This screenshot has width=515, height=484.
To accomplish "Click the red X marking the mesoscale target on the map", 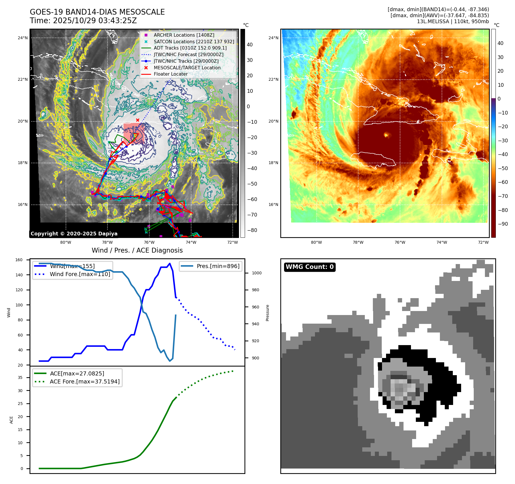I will [x=138, y=120].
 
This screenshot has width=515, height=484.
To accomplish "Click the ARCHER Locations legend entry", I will [x=184, y=35].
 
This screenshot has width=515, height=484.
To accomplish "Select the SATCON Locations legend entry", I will [x=194, y=42].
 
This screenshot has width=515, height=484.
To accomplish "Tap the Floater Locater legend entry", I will [x=171, y=74].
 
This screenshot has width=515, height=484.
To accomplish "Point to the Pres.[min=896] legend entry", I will [x=218, y=266].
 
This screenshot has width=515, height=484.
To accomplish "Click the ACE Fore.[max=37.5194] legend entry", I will [x=85, y=381].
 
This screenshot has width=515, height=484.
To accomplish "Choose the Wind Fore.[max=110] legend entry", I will [x=80, y=274].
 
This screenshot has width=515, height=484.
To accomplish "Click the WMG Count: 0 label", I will [x=310, y=267].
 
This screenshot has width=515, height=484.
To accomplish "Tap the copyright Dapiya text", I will [x=74, y=234].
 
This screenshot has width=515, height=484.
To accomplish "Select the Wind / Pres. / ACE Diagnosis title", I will [x=137, y=250].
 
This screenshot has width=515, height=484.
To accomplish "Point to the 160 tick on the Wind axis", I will [x=19, y=260].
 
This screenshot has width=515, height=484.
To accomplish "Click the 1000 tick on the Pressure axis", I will [x=256, y=273].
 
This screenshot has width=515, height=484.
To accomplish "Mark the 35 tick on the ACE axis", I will [x=20, y=377].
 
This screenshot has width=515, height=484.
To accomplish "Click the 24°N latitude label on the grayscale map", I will [x=23, y=38].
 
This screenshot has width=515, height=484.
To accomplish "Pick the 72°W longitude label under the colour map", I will [x=483, y=242].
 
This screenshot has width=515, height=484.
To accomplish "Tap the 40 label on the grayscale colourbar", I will [x=250, y=45].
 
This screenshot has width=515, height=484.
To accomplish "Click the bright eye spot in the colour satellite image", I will [x=386, y=134].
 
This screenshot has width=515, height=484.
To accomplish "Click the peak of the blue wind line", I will [x=170, y=263].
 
